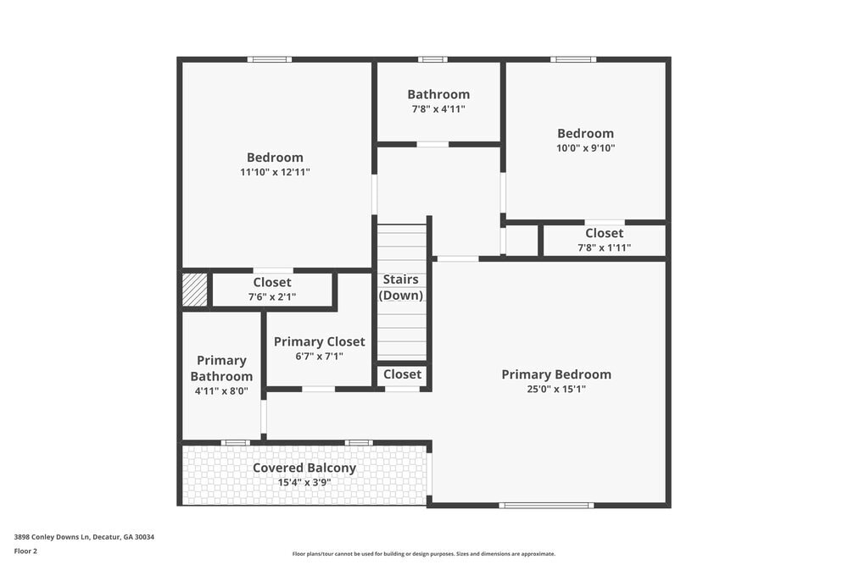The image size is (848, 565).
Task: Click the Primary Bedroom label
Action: tap(555, 374)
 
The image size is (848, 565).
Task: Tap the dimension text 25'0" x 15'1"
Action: tap(555, 390)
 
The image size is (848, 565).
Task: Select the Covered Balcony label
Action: tap(304, 468)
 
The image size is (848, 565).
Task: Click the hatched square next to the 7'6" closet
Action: tap(194, 290)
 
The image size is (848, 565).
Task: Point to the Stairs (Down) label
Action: tap(401, 287)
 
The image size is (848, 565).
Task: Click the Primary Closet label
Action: tap(319, 341)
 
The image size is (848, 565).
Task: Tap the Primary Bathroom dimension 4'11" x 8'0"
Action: tap(220, 391)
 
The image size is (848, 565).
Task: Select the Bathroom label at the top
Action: tap(438, 94)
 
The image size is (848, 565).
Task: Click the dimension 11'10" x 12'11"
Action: tap(275, 172)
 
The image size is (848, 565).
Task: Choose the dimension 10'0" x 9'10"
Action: tap(585, 147)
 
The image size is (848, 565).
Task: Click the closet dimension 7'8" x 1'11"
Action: tap(604, 248)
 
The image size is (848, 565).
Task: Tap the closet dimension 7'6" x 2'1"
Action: tap(271, 297)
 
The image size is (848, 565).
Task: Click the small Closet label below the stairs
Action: tap(402, 374)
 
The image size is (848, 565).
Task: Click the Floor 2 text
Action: tap(25, 551)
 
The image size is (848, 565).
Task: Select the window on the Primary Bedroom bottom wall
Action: tap(545, 506)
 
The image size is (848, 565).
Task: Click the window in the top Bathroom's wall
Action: tap(432, 59)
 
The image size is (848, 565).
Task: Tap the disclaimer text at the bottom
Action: tap(424, 554)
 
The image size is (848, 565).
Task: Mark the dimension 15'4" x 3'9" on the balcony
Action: tap(304, 483)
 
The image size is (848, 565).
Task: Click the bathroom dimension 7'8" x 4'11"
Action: tap(438, 109)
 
